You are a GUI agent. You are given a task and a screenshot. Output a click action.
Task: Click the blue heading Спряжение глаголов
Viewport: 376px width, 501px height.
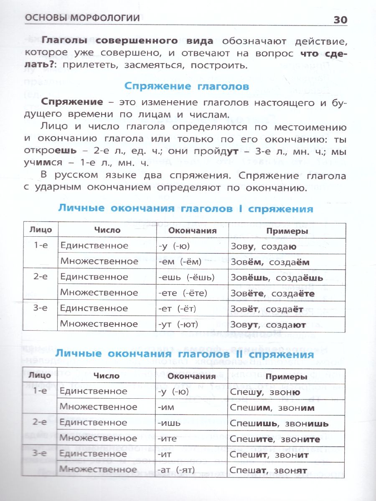(x=186, y=86)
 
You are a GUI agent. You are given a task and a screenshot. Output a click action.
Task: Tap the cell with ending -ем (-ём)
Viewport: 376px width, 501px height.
(x=180, y=262)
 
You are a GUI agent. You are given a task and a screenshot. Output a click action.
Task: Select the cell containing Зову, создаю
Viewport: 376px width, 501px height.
(x=264, y=246)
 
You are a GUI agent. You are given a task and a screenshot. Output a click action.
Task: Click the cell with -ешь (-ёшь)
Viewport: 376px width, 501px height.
(x=186, y=278)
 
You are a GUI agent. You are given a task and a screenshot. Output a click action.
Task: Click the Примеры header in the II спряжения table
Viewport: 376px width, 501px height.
(x=287, y=377)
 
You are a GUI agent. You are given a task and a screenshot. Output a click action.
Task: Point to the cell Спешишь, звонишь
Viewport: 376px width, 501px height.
(x=279, y=423)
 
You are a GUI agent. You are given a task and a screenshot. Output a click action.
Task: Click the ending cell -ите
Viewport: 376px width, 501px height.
(x=168, y=439)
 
